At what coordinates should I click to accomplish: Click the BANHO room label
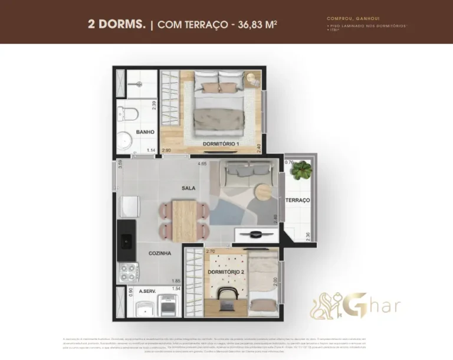pyautogui.click(x=145, y=132)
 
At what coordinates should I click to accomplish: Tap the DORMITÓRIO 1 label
pyautogui.click(x=221, y=145)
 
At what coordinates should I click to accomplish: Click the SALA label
pyautogui.click(x=189, y=188)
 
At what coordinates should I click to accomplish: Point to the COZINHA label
pyautogui.click(x=160, y=253)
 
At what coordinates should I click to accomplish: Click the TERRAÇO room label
pyautogui.click(x=298, y=201)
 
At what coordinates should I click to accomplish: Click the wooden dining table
pyautogui.click(x=184, y=221)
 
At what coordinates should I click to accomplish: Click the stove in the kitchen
pyautogui.click(x=129, y=271)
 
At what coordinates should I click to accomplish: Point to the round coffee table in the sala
pyautogui.click(x=263, y=192)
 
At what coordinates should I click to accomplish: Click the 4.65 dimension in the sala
pyautogui.click(x=202, y=163)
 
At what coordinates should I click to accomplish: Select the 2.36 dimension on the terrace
pyautogui.click(x=308, y=236)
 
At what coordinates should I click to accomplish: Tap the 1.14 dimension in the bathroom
pyautogui.click(x=150, y=150)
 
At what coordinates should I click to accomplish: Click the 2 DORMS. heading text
pyautogui.click(x=117, y=24)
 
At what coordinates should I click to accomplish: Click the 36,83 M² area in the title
pyautogui.click(x=255, y=24)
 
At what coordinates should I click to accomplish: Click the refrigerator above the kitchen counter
pyautogui.click(x=129, y=207)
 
